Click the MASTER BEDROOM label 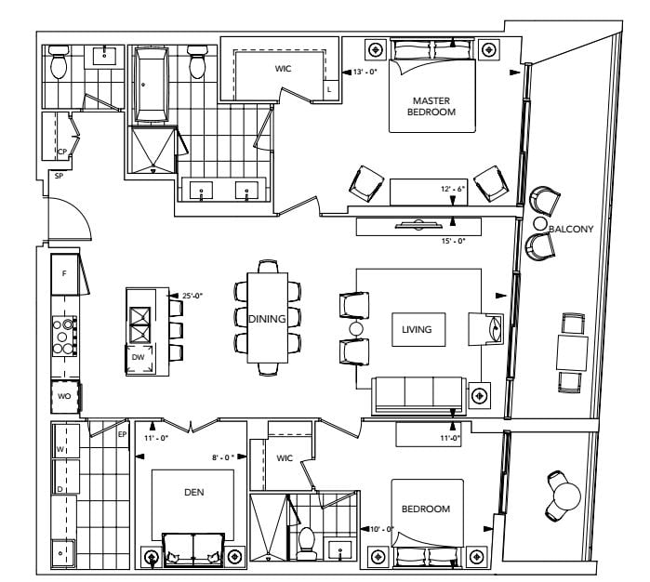pos(431,106)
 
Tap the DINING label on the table pos(267,319)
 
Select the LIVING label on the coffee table pos(417,329)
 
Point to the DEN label pos(194,492)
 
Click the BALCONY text pos(571,229)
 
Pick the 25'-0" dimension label pos(192,296)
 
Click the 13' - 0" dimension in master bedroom pos(365,72)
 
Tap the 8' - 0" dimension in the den pos(223,457)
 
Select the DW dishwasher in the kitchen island pos(139,359)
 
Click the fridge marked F pos(65,274)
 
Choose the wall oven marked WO pos(65,396)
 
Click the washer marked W pos(65,441)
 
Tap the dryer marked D pos(65,476)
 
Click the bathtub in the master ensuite pos(152,85)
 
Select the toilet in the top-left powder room pos(58,61)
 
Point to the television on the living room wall pos(418,225)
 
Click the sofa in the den pos(193,549)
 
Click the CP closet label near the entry pos(62,152)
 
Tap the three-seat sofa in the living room pos(418,395)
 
